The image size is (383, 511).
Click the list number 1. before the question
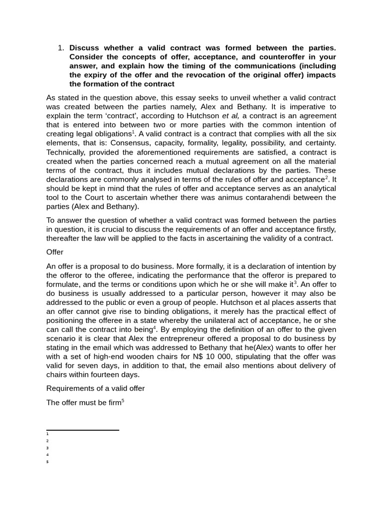pyautogui.click(x=61, y=48)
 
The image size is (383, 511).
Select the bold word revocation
pyautogui.click(x=225, y=75)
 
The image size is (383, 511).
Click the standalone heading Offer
pyautogui.click(x=55, y=252)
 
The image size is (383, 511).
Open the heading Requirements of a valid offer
pyautogui.click(x=95, y=388)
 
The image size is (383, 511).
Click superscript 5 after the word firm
pyautogui.click(x=123, y=400)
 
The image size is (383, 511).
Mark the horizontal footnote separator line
pyautogui.click(x=82, y=430)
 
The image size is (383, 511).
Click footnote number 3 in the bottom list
pyautogui.click(x=47, y=448)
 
